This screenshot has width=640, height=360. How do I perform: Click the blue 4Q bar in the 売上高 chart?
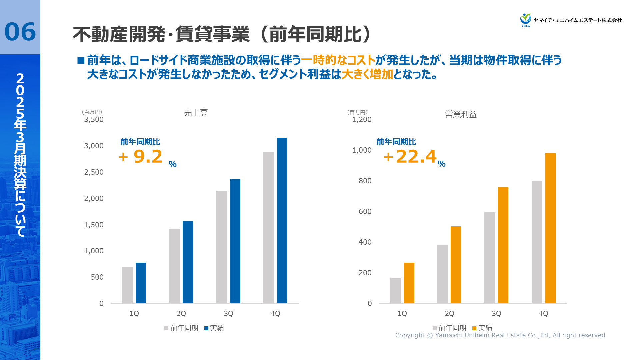click(282, 221)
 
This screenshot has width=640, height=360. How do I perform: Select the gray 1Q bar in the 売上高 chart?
click(127, 285)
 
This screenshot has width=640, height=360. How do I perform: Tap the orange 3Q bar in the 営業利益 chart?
click(503, 245)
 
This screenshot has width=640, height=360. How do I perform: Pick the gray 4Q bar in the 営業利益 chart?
click(537, 242)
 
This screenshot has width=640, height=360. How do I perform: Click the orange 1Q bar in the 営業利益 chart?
click(409, 283)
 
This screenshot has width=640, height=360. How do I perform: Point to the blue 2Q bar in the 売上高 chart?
click(188, 262)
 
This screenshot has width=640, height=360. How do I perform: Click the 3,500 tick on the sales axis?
click(94, 120)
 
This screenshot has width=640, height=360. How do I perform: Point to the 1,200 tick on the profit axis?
click(362, 120)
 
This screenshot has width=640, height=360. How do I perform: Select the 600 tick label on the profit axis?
click(365, 212)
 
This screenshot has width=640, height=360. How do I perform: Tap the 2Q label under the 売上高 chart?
click(181, 314)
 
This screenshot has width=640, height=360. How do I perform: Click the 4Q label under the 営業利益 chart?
click(543, 314)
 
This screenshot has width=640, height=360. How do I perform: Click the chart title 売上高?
click(196, 113)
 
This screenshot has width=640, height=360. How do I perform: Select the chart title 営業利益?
click(461, 114)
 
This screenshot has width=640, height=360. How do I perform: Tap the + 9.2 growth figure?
click(141, 157)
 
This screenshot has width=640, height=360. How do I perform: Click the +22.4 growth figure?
click(410, 156)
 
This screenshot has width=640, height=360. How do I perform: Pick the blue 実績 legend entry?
click(214, 328)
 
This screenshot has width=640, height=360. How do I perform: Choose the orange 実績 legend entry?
click(482, 328)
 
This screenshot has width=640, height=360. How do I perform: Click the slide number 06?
click(20, 32)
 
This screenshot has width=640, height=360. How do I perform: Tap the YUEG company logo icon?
click(526, 19)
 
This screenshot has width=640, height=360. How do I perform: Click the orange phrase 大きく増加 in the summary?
click(367, 74)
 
